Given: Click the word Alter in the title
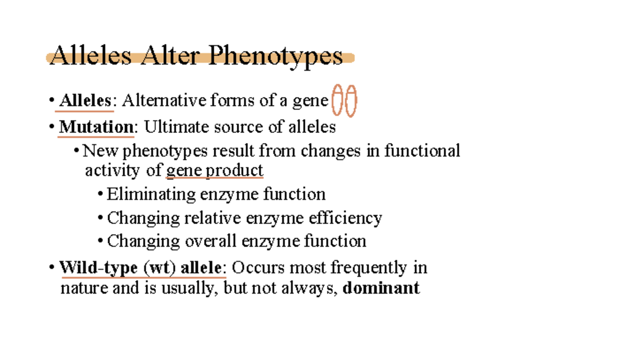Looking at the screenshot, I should [x=168, y=56].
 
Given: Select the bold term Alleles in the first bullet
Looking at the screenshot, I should [x=85, y=100].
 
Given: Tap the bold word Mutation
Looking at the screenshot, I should [x=96, y=127].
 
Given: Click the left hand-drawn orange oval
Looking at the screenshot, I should [x=337, y=100].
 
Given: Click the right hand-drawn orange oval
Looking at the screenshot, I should [x=351, y=100].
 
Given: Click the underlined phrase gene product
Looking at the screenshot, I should [x=215, y=170].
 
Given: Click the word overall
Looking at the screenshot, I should [x=212, y=241].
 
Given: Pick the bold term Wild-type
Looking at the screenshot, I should [x=99, y=267].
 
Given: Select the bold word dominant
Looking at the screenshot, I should [x=381, y=288].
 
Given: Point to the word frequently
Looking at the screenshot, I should [x=369, y=267].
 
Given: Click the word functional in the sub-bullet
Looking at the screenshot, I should [x=422, y=151].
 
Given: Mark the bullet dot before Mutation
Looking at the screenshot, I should [x=51, y=127].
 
